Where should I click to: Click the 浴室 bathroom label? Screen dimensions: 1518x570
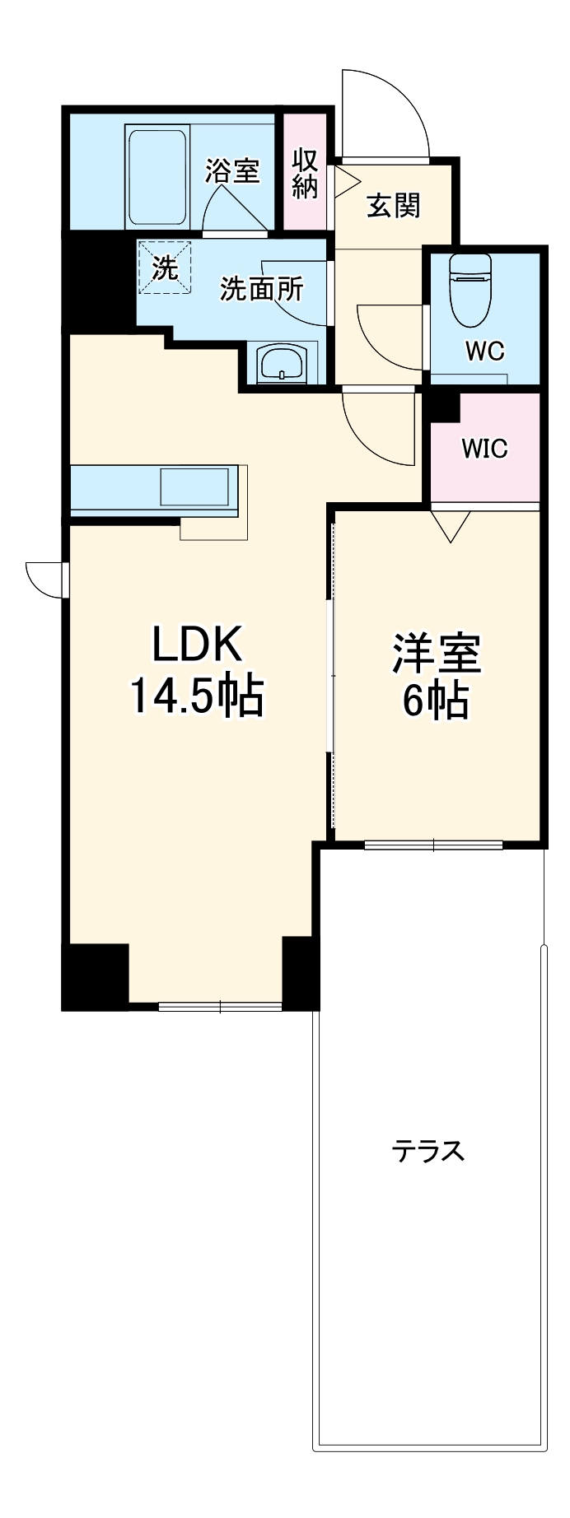pos(232,171)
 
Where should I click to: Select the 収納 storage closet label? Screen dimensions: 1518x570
pos(305,173)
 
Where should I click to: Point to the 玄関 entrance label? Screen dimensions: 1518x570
pos(394,205)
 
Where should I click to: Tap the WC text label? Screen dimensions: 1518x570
pos(484,351)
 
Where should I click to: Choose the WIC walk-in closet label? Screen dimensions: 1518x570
pos(484,449)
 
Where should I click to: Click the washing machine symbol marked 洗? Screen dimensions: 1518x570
pos(165,267)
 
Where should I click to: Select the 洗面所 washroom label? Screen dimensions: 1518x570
pos(261,289)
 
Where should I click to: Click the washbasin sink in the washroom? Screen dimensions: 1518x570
pos(282,362)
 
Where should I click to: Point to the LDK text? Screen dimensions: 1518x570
pos(197,645)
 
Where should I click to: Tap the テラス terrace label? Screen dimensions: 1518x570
pos(428,1150)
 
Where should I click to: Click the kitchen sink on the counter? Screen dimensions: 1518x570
pos(194,487)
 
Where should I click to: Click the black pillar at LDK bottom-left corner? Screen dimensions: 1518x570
pos(96,976)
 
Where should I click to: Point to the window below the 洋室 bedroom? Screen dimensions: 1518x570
pos(434,844)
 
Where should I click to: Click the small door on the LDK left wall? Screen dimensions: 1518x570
pos(45,579)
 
